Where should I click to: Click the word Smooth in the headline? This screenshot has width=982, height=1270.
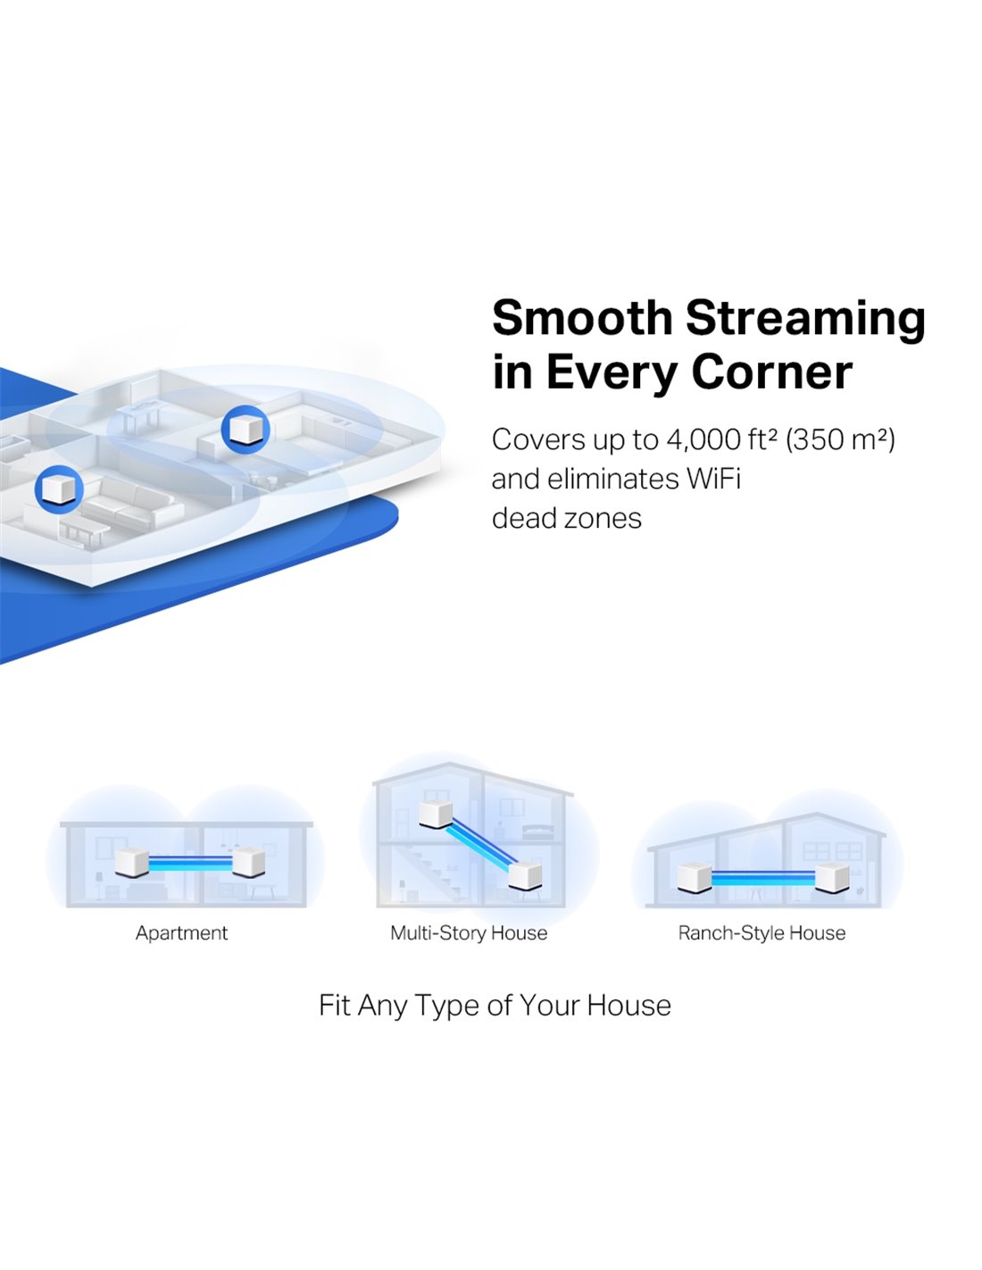[x=582, y=317]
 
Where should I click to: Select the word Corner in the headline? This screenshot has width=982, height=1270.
[x=771, y=372]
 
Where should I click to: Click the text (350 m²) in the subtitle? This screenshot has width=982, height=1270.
[x=840, y=440]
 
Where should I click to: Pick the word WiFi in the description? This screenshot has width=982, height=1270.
[x=713, y=479]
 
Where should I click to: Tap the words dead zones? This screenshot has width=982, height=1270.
[x=567, y=518]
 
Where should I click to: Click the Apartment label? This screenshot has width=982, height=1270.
[x=182, y=933]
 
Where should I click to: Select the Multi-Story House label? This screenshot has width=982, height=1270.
[x=469, y=932]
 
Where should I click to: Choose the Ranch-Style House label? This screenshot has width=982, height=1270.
[x=761, y=932]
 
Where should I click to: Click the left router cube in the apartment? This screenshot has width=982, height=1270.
[x=131, y=862]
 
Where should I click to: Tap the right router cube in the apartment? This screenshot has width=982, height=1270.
[x=249, y=862]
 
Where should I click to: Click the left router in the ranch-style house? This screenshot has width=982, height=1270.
[x=694, y=878]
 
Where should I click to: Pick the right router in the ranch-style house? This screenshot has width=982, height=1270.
[x=832, y=878]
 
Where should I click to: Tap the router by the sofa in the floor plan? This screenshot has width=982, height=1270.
[x=59, y=489]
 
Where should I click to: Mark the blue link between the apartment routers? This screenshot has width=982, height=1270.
[x=190, y=863]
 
